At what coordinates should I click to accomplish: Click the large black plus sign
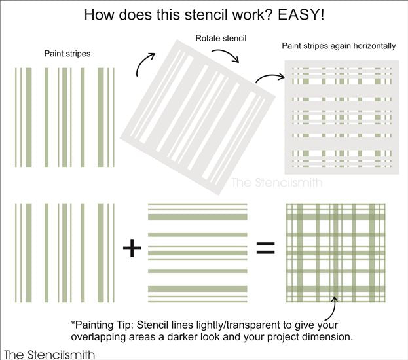coord(132,248)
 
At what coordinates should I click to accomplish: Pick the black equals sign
coord(265,248)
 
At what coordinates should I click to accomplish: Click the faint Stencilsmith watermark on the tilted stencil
coord(276,183)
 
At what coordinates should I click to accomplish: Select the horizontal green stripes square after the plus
coord(197,249)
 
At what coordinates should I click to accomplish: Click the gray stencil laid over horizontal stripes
coord(343,116)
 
